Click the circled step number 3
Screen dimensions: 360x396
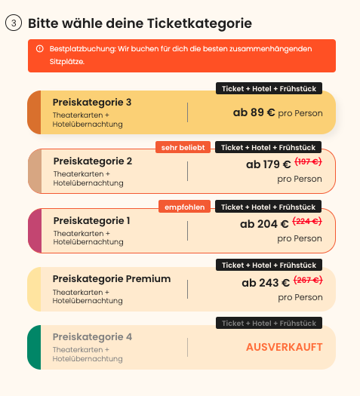pyautogui.click(x=14, y=23)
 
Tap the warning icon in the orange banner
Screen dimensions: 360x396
pyautogui.click(x=40, y=48)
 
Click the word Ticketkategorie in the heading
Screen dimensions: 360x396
pyautogui.click(x=199, y=23)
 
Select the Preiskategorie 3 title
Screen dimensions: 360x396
pyautogui.click(x=92, y=103)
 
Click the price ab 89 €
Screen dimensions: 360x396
pyautogui.click(x=254, y=112)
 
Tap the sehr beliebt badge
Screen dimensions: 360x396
pyautogui.click(x=183, y=147)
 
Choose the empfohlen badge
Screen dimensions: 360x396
pyautogui.click(x=184, y=207)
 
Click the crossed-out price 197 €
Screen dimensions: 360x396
pyautogui.click(x=308, y=161)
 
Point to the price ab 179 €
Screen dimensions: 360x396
pyautogui.click(x=268, y=164)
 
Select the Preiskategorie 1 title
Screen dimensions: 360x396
pyautogui.click(x=92, y=221)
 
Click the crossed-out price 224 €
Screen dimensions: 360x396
pyautogui.click(x=307, y=221)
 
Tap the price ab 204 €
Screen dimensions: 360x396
pyautogui.click(x=264, y=224)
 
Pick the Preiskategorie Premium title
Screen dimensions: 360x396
pyautogui.click(x=112, y=279)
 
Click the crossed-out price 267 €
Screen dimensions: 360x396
pyautogui.click(x=308, y=280)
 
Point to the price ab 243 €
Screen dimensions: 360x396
pyautogui.click(x=266, y=283)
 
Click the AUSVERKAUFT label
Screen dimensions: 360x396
pyautogui.click(x=285, y=347)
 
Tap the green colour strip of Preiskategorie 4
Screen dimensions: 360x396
pyautogui.click(x=34, y=347)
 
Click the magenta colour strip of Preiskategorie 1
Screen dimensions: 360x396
pyautogui.click(x=35, y=231)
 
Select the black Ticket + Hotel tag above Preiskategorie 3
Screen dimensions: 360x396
pyautogui.click(x=269, y=88)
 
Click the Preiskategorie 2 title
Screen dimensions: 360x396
pyautogui.click(x=93, y=161)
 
